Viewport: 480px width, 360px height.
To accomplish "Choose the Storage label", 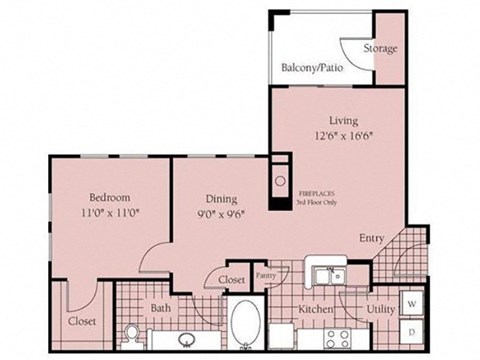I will tap(380, 48).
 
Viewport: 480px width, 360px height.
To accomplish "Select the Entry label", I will tap(373, 238).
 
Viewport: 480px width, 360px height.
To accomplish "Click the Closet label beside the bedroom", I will tap(82, 322).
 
